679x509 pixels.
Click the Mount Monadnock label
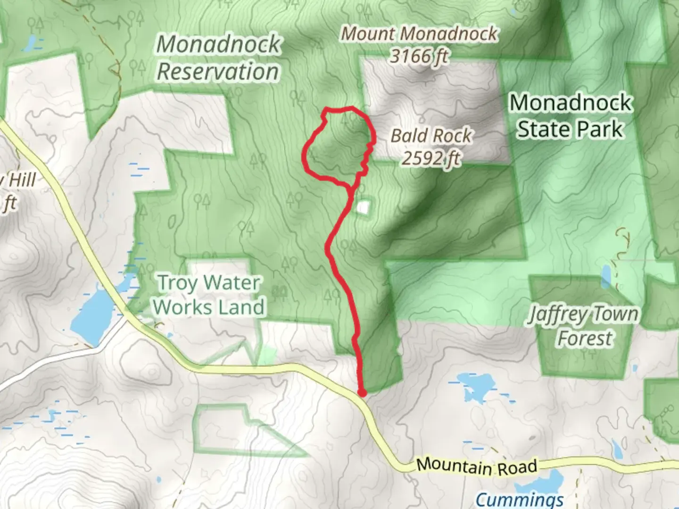tap(419, 34)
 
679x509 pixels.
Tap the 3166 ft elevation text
tap(419, 57)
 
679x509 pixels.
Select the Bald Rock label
tap(431, 136)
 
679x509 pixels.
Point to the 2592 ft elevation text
tap(431, 158)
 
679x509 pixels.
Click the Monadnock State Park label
tap(571, 116)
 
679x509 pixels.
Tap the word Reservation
tap(217, 72)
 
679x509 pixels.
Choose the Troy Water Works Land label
tap(208, 295)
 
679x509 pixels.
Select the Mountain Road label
tap(476, 466)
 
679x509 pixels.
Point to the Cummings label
tap(519, 499)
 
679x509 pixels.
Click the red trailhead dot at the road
tap(362, 393)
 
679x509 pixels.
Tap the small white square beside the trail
tap(364, 207)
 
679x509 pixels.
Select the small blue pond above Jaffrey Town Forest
tap(606, 276)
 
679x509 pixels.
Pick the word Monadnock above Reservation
tap(218, 44)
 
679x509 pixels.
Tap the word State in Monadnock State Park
tap(543, 129)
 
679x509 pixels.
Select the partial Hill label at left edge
tap(19, 180)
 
